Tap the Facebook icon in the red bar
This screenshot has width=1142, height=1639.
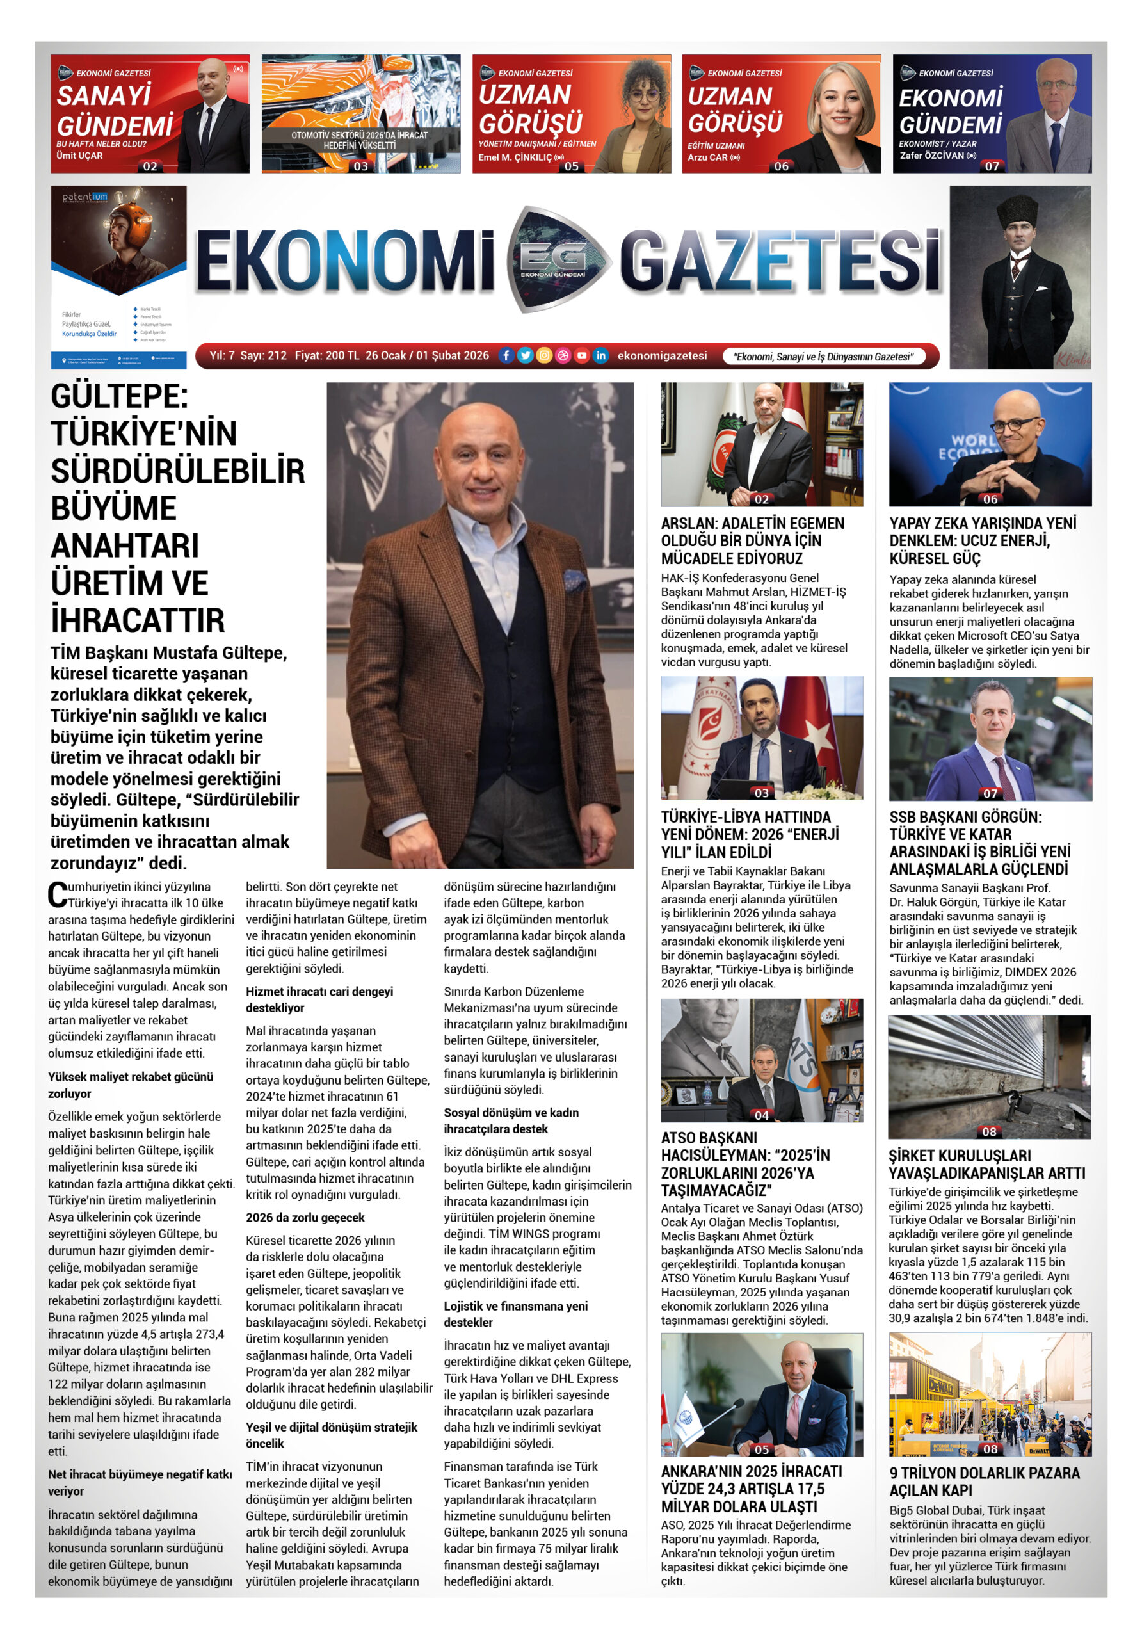tap(505, 355)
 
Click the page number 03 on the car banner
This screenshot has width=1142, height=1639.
tap(360, 166)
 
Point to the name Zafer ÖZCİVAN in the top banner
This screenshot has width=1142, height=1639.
tap(931, 156)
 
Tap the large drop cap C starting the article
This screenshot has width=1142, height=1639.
tap(57, 895)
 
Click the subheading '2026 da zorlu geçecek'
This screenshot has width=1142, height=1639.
tap(305, 1218)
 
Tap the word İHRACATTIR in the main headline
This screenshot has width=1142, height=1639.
tap(138, 620)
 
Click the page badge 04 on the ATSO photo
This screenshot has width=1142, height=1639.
tap(762, 1115)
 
